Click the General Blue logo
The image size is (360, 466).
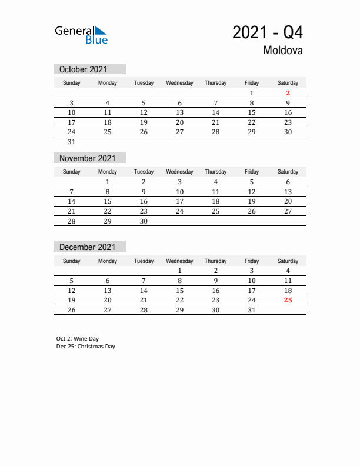(81, 35)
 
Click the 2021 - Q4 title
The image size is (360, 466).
(268, 32)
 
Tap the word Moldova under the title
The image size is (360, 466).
(283, 51)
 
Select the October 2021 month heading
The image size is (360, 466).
(83, 69)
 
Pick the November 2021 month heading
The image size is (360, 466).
(88, 158)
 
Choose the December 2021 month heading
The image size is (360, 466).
(88, 247)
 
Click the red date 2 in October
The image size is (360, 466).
(288, 93)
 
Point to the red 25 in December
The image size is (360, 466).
(288, 300)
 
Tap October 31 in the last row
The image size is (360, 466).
(72, 142)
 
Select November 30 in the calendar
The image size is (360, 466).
(144, 221)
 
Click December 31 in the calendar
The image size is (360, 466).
(252, 310)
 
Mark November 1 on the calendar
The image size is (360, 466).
(108, 182)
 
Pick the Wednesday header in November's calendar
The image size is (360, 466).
(179, 172)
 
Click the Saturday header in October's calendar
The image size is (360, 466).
(288, 83)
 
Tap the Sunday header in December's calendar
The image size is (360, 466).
(72, 261)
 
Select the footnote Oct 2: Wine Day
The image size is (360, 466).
(78, 339)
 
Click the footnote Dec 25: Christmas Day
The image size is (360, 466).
(86, 347)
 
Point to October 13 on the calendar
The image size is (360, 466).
(179, 112)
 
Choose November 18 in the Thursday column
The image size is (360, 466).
(215, 201)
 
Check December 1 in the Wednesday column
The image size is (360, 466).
(179, 271)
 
